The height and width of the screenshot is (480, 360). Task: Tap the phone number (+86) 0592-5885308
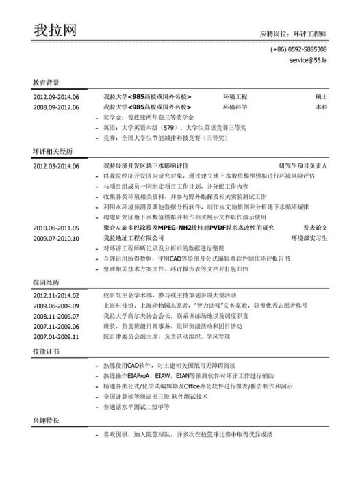pyautogui.click(x=298, y=50)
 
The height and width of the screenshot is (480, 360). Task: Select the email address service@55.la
pyautogui.click(x=308, y=61)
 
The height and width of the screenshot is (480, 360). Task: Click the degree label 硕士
pyautogui.click(x=321, y=98)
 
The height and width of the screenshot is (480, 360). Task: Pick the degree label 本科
pyautogui.click(x=321, y=108)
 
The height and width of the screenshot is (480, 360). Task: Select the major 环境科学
pyautogui.click(x=235, y=108)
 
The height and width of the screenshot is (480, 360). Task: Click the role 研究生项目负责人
pyautogui.click(x=304, y=166)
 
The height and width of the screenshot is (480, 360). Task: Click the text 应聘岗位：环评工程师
pyautogui.click(x=294, y=33)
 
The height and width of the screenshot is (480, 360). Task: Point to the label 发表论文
pyautogui.click(x=315, y=228)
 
